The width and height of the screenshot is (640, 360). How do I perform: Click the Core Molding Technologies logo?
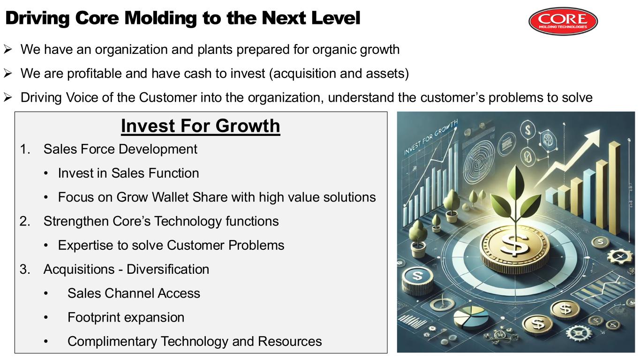point(563,21)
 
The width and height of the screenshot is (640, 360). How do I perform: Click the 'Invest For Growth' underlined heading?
point(200,126)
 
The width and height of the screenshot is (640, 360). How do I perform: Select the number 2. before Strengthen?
point(25,221)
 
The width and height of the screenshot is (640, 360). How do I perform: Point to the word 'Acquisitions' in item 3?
point(79,270)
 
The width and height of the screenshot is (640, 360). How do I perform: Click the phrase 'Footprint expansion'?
point(126,317)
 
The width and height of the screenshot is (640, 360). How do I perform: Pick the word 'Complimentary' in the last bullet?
point(112,342)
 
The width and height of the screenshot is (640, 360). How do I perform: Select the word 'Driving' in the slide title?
point(37,18)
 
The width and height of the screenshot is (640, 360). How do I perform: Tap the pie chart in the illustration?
point(471,318)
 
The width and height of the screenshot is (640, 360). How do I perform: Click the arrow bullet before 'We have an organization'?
point(8,49)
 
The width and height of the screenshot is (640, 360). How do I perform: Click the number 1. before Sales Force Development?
point(25,149)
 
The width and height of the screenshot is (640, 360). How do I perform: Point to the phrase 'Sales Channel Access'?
point(134,293)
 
